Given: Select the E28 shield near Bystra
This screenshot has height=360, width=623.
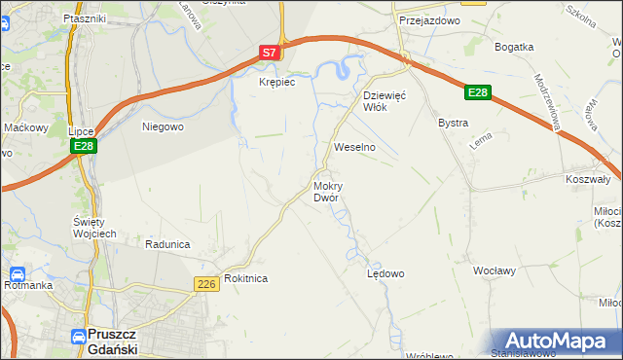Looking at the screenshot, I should click(476, 92).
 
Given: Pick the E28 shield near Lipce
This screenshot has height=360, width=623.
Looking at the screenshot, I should click(83, 147).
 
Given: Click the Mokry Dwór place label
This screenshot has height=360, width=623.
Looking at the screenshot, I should click(326, 191).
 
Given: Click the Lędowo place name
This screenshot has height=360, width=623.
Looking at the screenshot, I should click(385, 273).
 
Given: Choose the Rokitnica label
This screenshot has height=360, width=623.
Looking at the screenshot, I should click(245, 278).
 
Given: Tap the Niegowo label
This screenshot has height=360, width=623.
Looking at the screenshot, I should click(163, 126).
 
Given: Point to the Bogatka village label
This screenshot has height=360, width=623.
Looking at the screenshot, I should click(514, 47).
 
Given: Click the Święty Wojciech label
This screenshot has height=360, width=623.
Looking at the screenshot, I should click(94, 228).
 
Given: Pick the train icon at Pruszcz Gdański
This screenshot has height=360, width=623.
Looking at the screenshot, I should click(78, 336).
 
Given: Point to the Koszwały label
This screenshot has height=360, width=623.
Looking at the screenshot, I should click(587, 179).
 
